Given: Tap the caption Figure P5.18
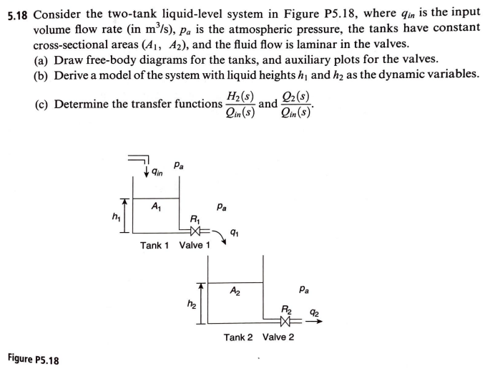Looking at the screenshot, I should (x=34, y=358).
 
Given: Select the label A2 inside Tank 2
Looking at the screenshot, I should (x=234, y=291).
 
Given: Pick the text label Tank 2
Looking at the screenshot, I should (x=239, y=337).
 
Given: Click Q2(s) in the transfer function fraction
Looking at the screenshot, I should (x=298, y=98).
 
